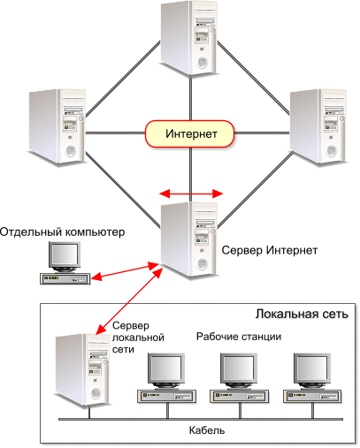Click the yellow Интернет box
[189, 133]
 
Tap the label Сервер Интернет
[270, 250]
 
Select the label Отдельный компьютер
[62, 232]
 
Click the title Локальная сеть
[302, 314]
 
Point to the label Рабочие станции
[239, 337]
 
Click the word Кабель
[207, 430]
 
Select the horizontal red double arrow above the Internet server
[191, 194]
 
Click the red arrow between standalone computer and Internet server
[126, 271]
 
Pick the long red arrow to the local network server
[129, 301]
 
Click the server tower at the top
[188, 38]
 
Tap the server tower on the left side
[57, 126]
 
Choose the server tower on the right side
[318, 126]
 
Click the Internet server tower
[188, 239]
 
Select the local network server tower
[81, 370]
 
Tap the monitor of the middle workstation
[239, 370]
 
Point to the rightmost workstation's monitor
[312, 370]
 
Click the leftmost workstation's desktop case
[167, 396]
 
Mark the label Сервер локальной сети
[138, 338]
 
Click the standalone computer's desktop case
[65, 278]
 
